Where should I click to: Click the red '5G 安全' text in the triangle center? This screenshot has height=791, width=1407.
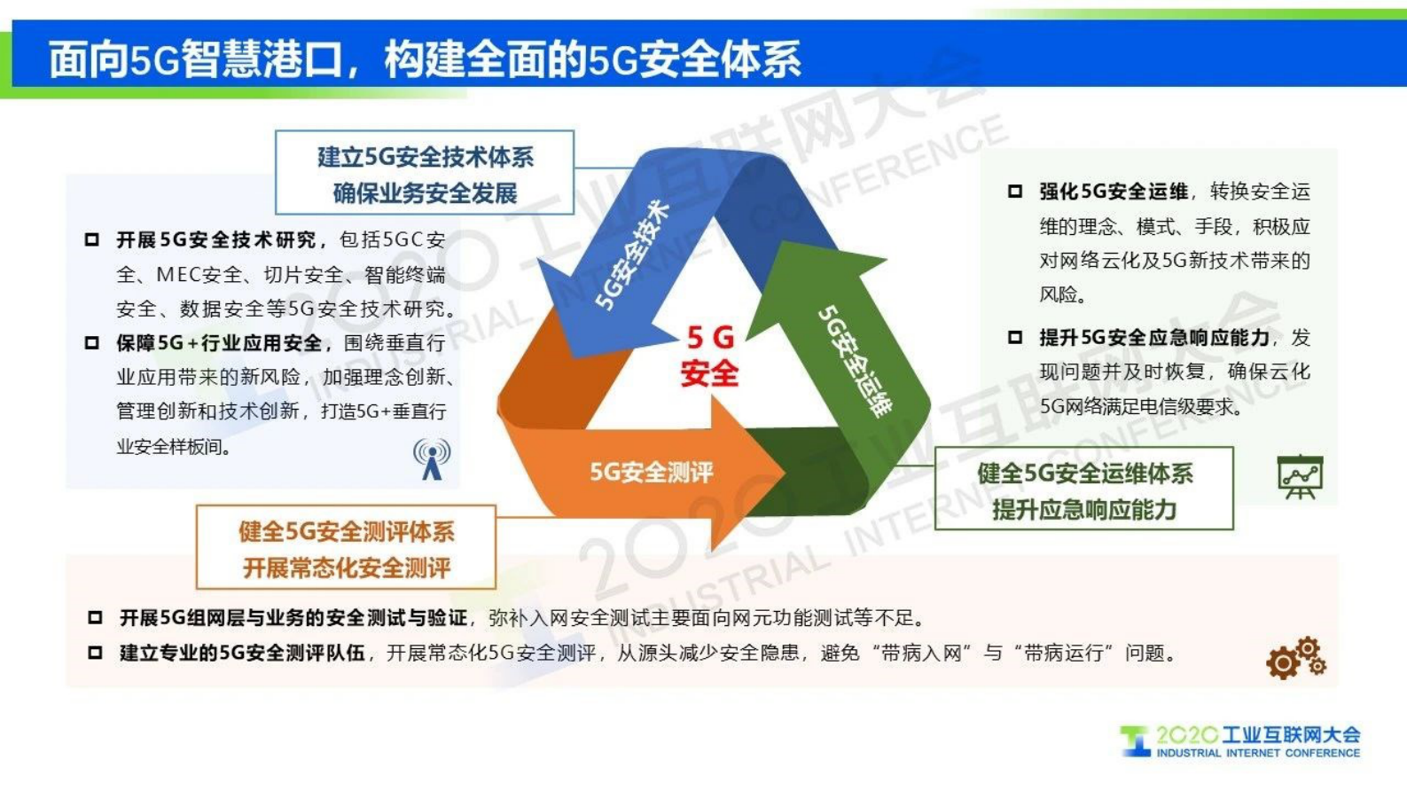(709, 356)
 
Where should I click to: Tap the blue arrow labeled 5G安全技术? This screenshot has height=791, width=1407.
(631, 255)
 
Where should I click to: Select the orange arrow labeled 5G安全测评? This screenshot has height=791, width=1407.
(652, 472)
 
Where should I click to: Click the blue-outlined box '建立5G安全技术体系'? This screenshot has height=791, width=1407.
(425, 174)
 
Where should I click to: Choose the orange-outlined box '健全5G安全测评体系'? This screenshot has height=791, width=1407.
(346, 549)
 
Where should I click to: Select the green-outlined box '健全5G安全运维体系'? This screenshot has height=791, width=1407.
(1083, 490)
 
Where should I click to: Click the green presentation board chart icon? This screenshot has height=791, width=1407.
(1300, 477)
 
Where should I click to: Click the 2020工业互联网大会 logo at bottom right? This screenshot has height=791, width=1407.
(1241, 740)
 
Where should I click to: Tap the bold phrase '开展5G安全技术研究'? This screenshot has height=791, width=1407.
(216, 240)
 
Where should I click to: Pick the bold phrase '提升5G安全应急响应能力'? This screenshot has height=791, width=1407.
(1153, 338)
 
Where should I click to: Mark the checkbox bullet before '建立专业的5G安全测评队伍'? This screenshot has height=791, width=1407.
(95, 654)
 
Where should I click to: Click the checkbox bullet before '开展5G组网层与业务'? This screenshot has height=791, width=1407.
(95, 617)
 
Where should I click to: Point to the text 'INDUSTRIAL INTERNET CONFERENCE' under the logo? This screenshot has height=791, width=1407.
(1257, 754)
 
